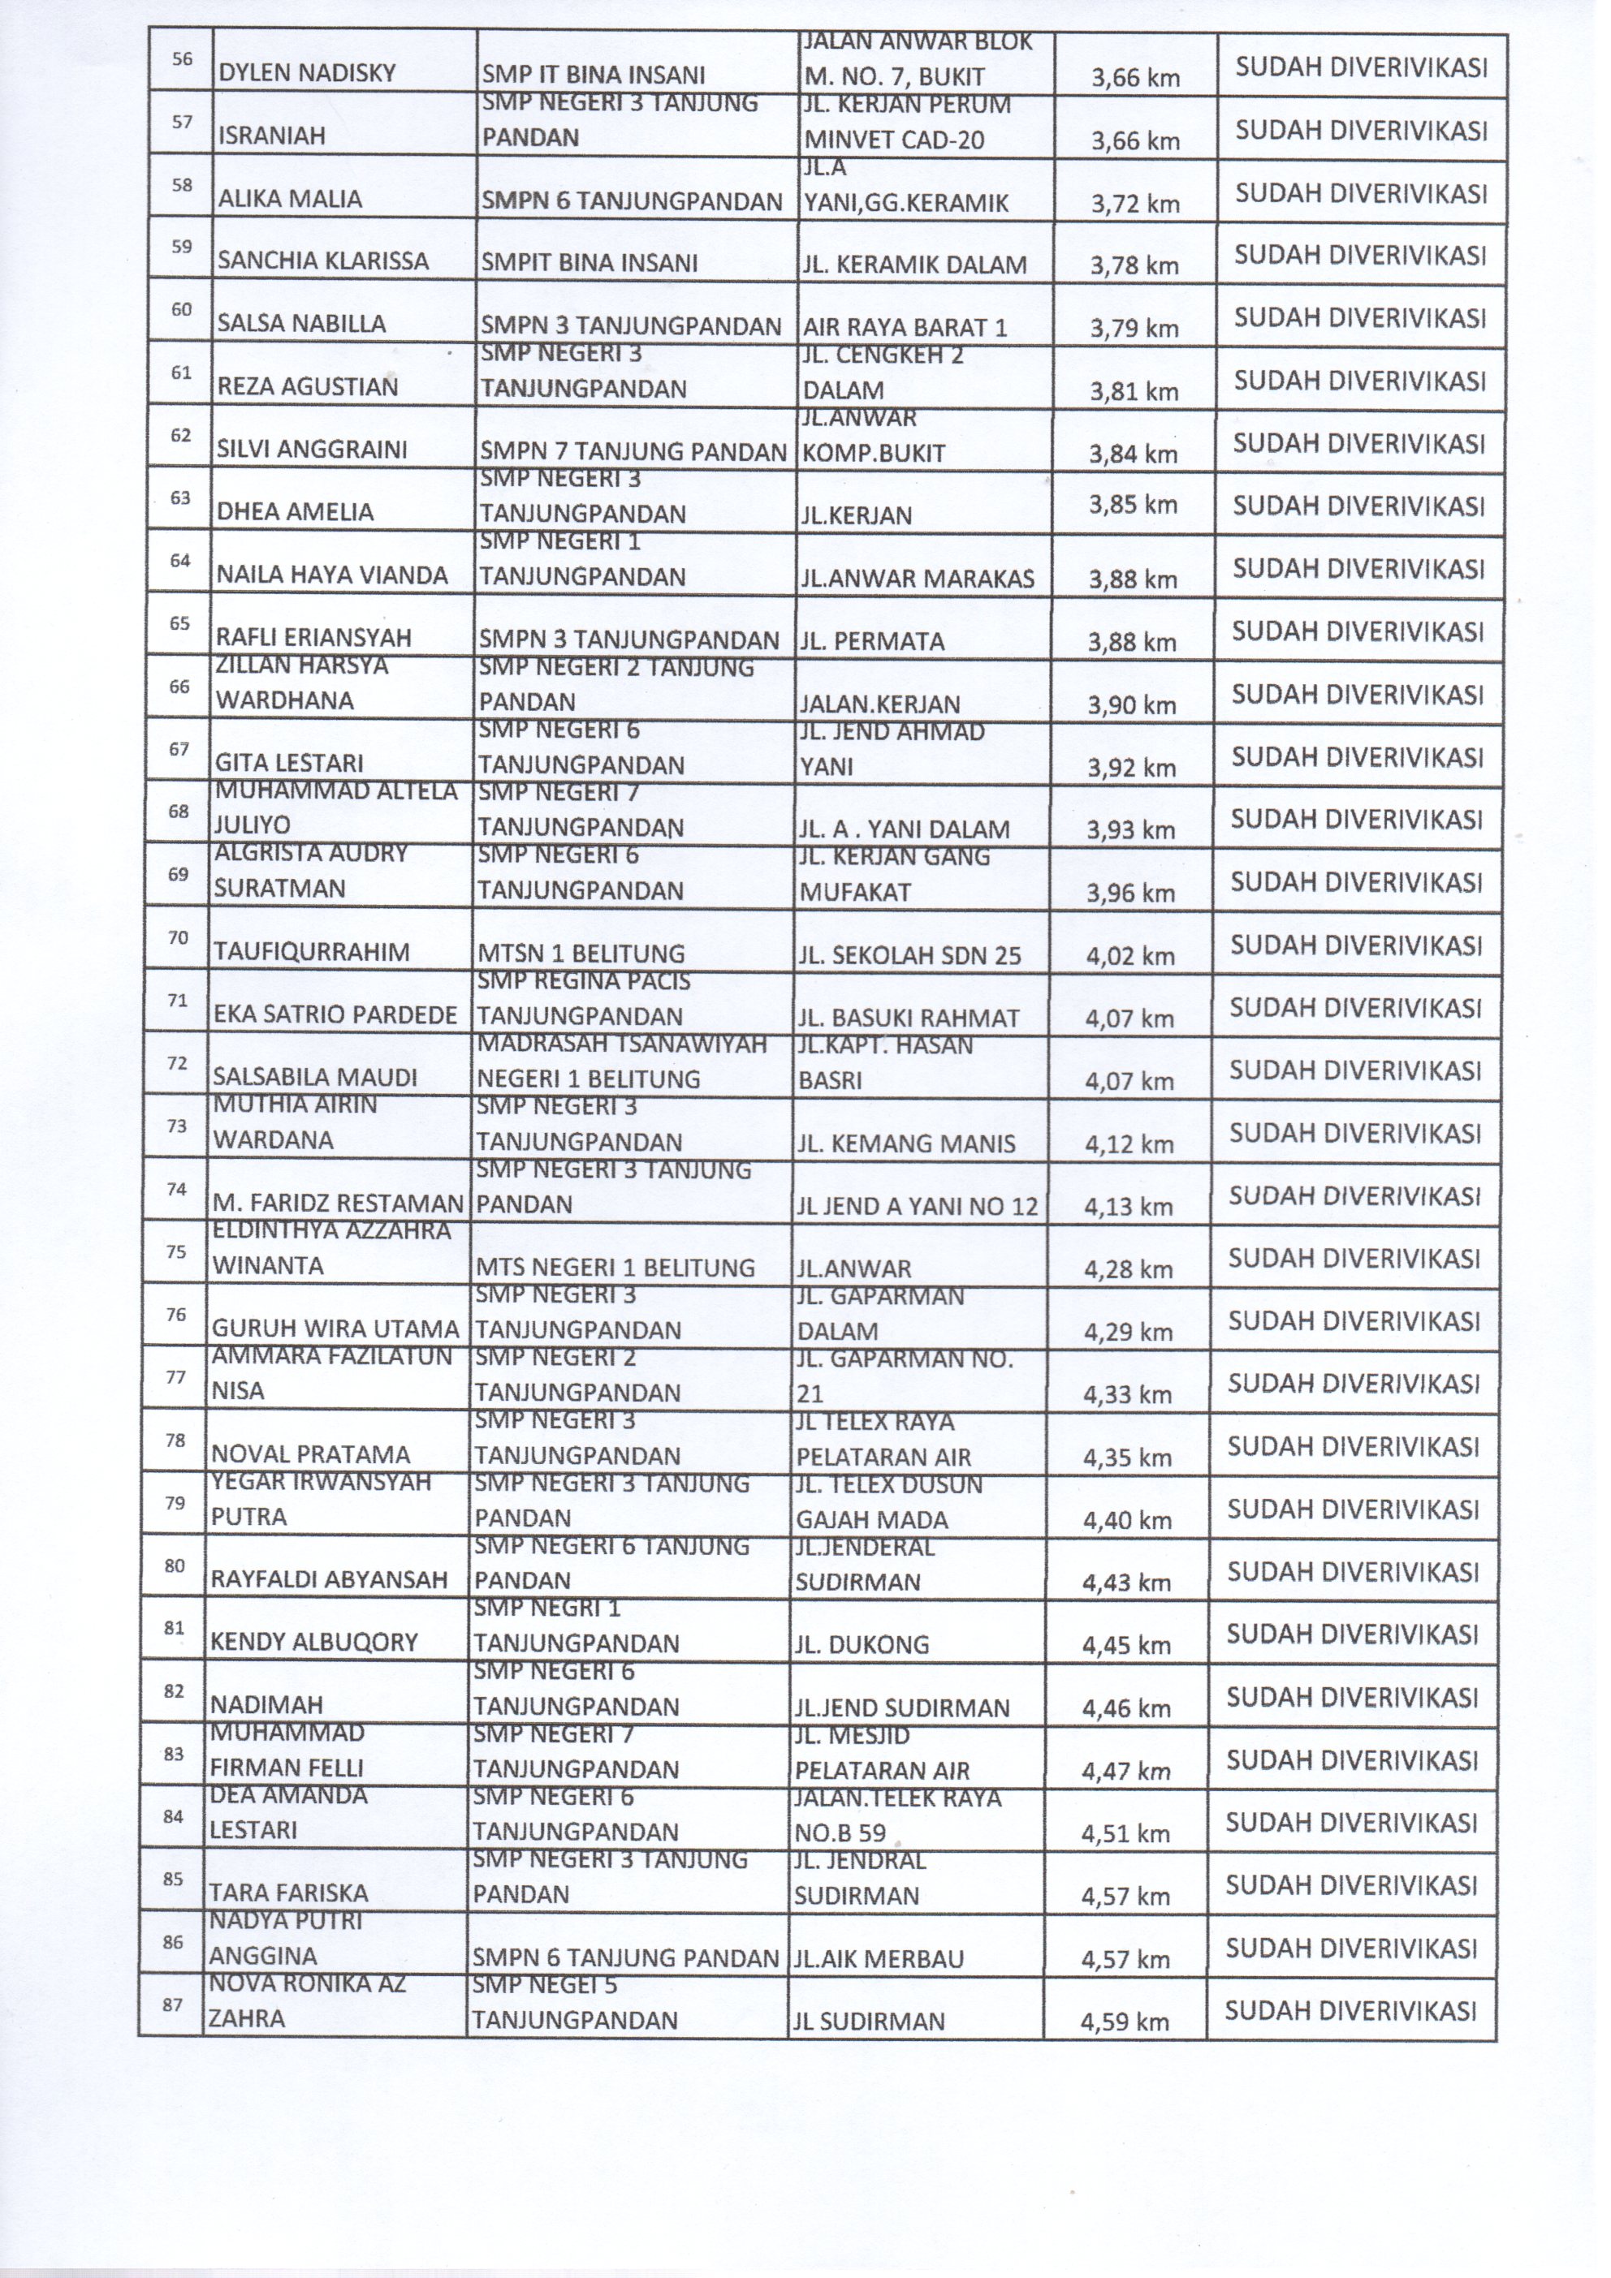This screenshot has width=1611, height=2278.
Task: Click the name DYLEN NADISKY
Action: pyautogui.click(x=307, y=73)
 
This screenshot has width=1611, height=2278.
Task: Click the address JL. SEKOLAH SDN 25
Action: pyautogui.click(x=909, y=955)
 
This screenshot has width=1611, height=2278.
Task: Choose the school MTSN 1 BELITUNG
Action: pyautogui.click(x=581, y=954)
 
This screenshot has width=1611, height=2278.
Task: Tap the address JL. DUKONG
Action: pyautogui.click(x=861, y=1645)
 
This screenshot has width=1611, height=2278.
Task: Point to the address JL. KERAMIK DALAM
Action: pyautogui.click(x=913, y=265)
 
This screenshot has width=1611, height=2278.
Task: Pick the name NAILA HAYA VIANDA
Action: pyautogui.click(x=331, y=575)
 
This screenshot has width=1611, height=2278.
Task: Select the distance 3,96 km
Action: pyautogui.click(x=1130, y=893)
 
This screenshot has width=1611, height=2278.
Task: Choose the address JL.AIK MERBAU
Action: pyautogui.click(x=879, y=1958)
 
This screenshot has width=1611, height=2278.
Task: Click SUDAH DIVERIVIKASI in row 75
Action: pyautogui.click(x=1354, y=1258)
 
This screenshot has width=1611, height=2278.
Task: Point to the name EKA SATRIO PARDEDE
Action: pyautogui.click(x=335, y=1015)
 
